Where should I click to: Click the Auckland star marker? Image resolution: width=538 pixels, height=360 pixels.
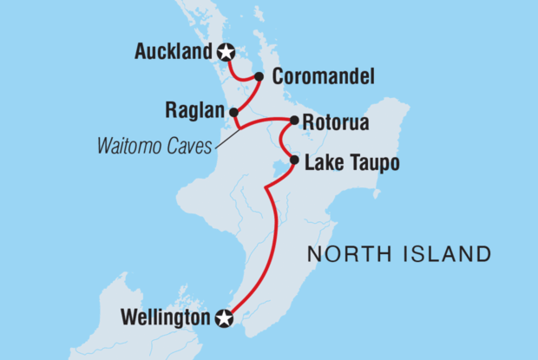coord(226,52)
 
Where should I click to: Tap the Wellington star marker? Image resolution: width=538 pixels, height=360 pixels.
coord(225,318)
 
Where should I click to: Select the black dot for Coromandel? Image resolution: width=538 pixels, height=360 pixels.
coord(259,77)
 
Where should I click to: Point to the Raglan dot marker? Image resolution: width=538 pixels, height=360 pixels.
coord(233,111)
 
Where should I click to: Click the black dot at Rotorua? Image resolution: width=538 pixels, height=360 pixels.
coord(294,120)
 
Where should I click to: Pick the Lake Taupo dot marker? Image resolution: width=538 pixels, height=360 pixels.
coord(294,160)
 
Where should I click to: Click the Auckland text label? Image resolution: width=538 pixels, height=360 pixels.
coord(174,52)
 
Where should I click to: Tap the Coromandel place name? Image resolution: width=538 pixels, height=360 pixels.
coord(323,77)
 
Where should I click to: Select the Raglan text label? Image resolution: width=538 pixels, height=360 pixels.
coord(194,111)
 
